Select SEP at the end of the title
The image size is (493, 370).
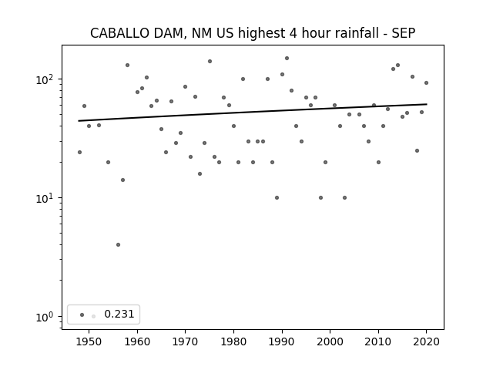404,33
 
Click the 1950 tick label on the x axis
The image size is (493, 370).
89,341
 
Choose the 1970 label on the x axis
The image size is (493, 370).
185,341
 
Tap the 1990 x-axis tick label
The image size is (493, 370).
282,341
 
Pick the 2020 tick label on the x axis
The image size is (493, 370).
426,341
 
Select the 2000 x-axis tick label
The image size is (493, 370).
330,341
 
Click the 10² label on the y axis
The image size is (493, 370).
45,79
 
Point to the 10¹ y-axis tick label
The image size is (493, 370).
45,198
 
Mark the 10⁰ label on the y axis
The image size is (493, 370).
45,317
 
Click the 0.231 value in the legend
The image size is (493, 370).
119,314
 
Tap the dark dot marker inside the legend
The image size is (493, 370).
82,314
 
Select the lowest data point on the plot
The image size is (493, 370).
118,245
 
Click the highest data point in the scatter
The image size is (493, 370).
287,59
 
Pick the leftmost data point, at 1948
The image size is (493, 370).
79,153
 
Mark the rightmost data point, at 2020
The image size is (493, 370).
426,82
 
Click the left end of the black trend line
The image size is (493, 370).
79,121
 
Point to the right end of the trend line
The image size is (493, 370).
427,104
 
